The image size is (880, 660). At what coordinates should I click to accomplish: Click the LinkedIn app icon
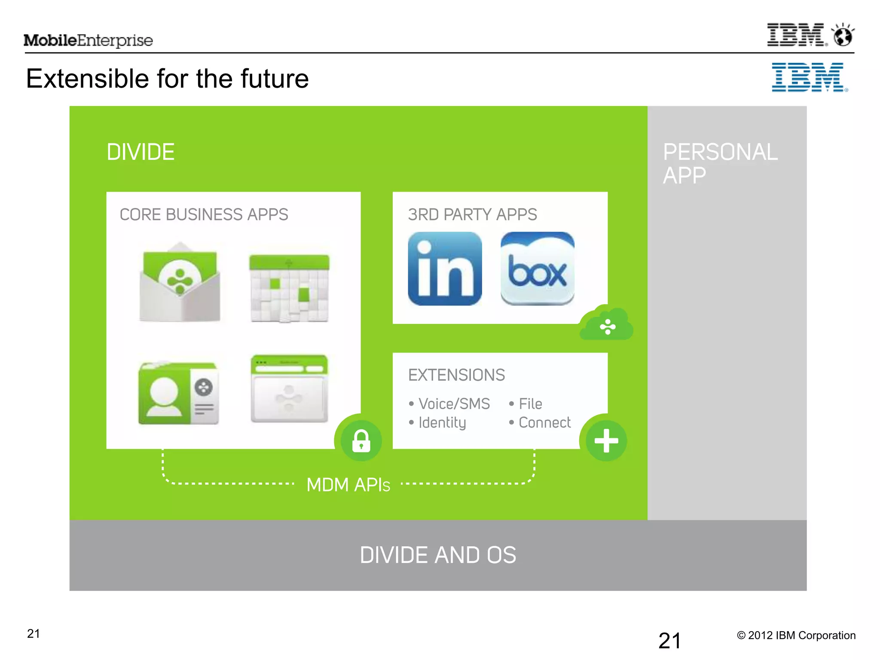(445, 269)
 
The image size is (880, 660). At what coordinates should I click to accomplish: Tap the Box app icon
(537, 269)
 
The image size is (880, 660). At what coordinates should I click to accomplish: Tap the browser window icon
(289, 388)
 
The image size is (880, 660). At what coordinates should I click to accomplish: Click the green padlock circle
(361, 441)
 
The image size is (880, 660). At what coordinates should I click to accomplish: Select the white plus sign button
(606, 440)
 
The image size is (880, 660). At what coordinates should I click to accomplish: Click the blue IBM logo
(809, 77)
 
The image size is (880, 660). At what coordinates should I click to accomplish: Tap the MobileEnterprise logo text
(88, 40)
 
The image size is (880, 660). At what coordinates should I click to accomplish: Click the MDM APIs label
(348, 485)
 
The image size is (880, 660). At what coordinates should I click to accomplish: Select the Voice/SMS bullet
(454, 404)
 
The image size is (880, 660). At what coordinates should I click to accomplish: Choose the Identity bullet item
(442, 423)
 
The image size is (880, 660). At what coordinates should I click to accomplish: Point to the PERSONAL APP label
(720, 163)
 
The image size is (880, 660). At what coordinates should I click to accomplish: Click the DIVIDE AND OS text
(438, 555)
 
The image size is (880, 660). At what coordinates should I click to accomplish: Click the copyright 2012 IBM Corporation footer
(796, 636)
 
